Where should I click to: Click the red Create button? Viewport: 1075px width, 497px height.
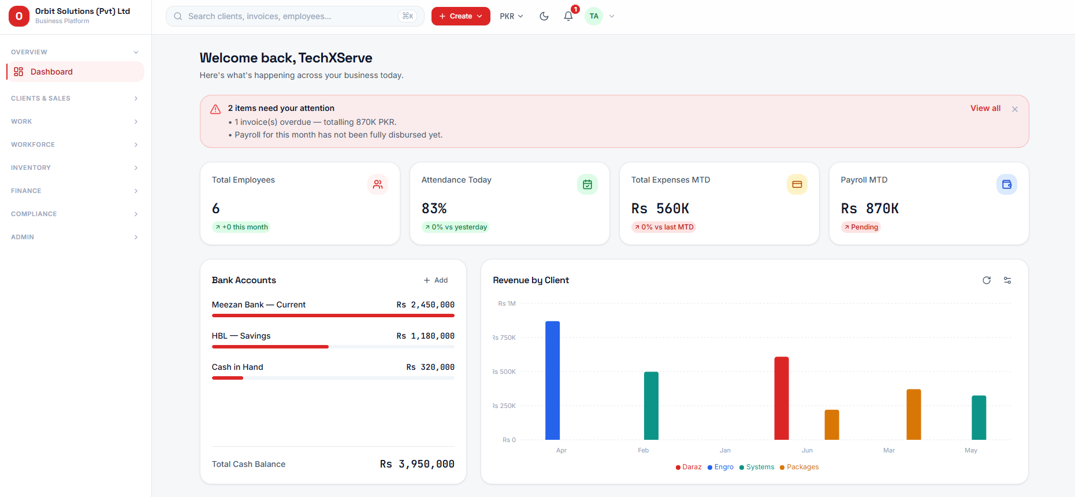460,16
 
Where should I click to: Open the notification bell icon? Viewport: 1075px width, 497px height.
568,16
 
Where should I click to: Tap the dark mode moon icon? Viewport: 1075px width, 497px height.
544,16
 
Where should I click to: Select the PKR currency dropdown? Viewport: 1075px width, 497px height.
511,16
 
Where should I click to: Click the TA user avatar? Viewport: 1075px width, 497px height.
594,16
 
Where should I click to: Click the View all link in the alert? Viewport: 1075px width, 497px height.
985,108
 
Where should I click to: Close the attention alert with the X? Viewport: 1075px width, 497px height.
1015,109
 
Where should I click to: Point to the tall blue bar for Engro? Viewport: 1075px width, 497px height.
552,380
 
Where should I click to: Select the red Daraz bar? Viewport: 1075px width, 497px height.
781,398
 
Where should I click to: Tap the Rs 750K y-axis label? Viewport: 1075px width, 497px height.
504,337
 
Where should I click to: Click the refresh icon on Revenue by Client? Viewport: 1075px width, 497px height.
987,280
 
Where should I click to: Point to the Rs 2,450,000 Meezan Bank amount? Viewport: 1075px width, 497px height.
425,305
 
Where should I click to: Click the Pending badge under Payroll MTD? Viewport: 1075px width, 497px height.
861,227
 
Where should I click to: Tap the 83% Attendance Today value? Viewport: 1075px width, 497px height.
434,209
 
